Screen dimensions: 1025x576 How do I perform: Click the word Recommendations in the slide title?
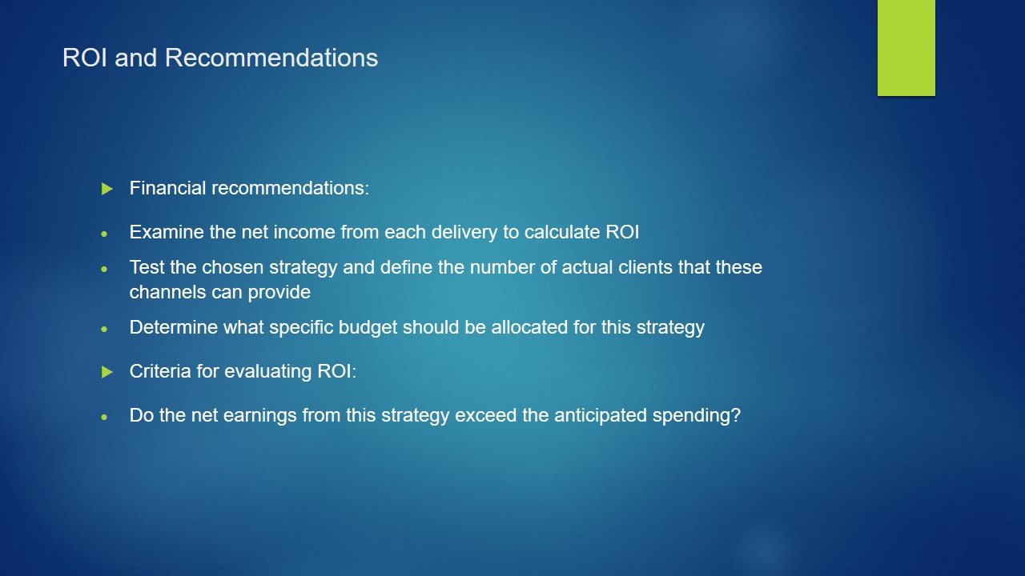coord(271,58)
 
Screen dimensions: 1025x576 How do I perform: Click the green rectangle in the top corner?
coord(906,47)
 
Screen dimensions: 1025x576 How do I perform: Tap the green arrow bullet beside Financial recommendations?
coord(107,188)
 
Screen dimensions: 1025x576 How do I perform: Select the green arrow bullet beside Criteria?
coord(107,372)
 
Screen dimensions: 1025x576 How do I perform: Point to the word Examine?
coord(167,232)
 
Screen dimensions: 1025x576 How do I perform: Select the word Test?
coord(147,267)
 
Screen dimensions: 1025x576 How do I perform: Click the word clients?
coord(645,267)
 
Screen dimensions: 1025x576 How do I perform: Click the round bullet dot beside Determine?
coord(104,329)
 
